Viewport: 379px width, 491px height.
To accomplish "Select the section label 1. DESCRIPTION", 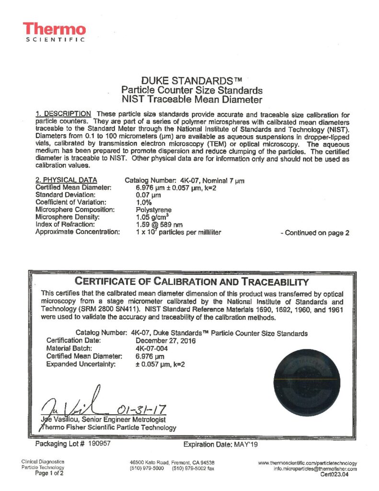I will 63,114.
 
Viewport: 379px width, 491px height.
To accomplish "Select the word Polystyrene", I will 154,210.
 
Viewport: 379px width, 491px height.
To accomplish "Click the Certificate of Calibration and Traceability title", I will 191,281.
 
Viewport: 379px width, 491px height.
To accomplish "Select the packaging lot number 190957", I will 100,444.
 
